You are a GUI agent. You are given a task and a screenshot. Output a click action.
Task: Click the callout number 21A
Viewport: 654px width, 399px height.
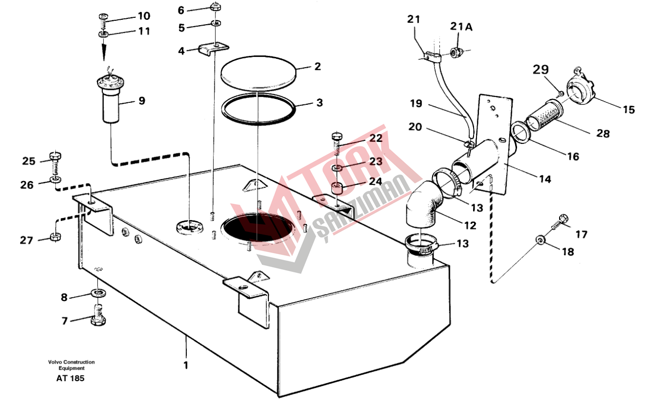coord(461,27)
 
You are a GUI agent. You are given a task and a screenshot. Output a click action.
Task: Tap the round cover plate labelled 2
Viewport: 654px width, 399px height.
coord(259,72)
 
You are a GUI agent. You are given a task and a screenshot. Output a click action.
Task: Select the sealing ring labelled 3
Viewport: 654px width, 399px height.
coord(258,109)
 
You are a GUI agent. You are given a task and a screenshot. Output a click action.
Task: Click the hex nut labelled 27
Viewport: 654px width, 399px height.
coord(55,237)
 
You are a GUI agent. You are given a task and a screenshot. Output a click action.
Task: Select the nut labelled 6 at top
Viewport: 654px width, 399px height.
coord(216,6)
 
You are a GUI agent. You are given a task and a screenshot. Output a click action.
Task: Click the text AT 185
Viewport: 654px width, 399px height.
coord(70,378)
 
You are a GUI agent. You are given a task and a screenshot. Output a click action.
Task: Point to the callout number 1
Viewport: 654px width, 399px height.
coord(186,365)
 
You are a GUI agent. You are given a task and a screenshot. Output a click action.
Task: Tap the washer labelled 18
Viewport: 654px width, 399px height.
coord(541,240)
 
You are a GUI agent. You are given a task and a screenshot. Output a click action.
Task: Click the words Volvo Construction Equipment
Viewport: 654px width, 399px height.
coord(72,365)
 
